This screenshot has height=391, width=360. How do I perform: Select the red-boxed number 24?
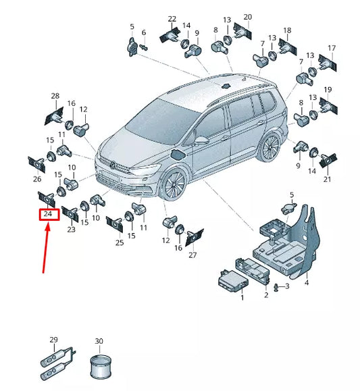(47, 214)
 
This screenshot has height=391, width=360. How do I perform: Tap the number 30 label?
(99, 342)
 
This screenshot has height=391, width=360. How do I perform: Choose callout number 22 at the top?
(172, 19)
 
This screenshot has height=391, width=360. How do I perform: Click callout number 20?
(247, 16)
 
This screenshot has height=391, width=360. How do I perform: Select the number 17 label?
(331, 47)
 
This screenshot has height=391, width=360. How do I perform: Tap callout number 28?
(55, 97)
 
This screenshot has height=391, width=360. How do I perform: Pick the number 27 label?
(192, 255)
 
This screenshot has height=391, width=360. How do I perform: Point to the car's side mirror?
(201, 140)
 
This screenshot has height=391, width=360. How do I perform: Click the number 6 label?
(143, 32)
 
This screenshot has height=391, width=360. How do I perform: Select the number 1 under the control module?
(242, 297)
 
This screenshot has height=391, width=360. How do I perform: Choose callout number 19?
(328, 90)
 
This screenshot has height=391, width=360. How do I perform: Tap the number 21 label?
(327, 179)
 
